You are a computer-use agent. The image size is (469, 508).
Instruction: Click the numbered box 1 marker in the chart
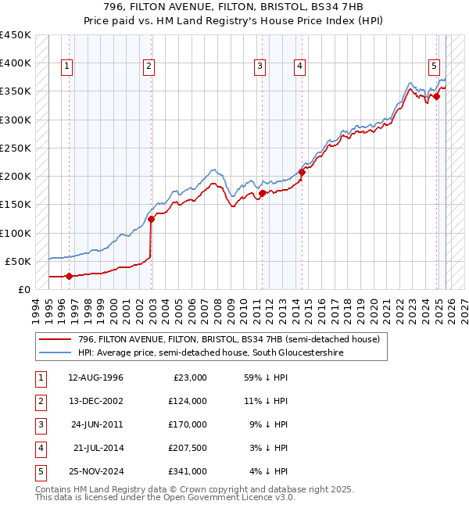[x=67, y=67]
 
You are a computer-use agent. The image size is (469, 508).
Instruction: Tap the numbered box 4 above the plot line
[x=299, y=67]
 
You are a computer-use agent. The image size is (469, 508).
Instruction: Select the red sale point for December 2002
[x=152, y=220]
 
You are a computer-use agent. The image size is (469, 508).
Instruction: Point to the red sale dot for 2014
[x=302, y=172]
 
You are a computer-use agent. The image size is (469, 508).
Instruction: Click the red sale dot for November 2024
[x=437, y=97]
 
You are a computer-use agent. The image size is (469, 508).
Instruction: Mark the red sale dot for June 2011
[x=263, y=193]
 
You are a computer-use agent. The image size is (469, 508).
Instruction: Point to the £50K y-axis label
[x=17, y=261]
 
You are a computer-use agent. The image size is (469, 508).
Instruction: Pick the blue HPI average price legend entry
[x=210, y=352]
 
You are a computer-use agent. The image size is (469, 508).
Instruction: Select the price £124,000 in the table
[x=188, y=401]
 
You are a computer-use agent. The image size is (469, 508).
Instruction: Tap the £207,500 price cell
[x=188, y=448]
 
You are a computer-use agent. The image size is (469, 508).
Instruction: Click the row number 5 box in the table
[x=39, y=471]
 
